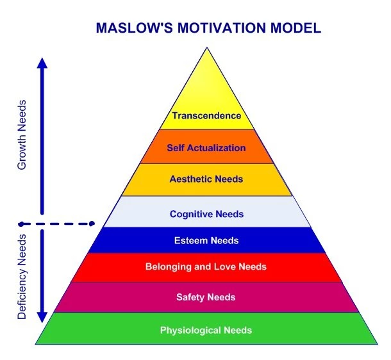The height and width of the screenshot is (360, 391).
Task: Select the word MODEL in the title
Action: click(x=295, y=28)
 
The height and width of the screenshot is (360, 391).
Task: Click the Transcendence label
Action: click(x=206, y=115)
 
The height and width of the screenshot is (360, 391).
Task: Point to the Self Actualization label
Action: click(x=206, y=148)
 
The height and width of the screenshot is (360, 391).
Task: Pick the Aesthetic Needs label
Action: click(x=206, y=179)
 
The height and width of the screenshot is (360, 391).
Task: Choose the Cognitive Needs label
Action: click(x=206, y=214)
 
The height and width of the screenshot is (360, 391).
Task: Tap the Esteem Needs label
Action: click(x=206, y=240)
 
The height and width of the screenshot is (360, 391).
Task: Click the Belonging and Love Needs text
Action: click(x=206, y=266)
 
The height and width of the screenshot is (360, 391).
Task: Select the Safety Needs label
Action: click(x=206, y=297)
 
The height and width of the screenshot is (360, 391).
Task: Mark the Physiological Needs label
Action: click(x=206, y=330)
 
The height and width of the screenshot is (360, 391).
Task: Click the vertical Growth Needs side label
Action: click(x=22, y=135)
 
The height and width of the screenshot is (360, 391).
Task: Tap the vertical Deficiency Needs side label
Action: click(x=22, y=277)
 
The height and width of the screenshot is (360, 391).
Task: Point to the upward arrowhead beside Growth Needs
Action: click(x=42, y=63)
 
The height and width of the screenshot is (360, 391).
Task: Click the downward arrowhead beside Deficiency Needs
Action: click(x=42, y=317)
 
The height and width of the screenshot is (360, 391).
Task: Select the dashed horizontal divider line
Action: click(x=57, y=224)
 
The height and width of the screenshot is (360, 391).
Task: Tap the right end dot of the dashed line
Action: click(x=92, y=224)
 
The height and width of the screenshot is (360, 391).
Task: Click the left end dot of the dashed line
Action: click(x=22, y=224)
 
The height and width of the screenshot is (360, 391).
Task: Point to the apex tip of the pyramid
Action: click(x=207, y=47)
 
